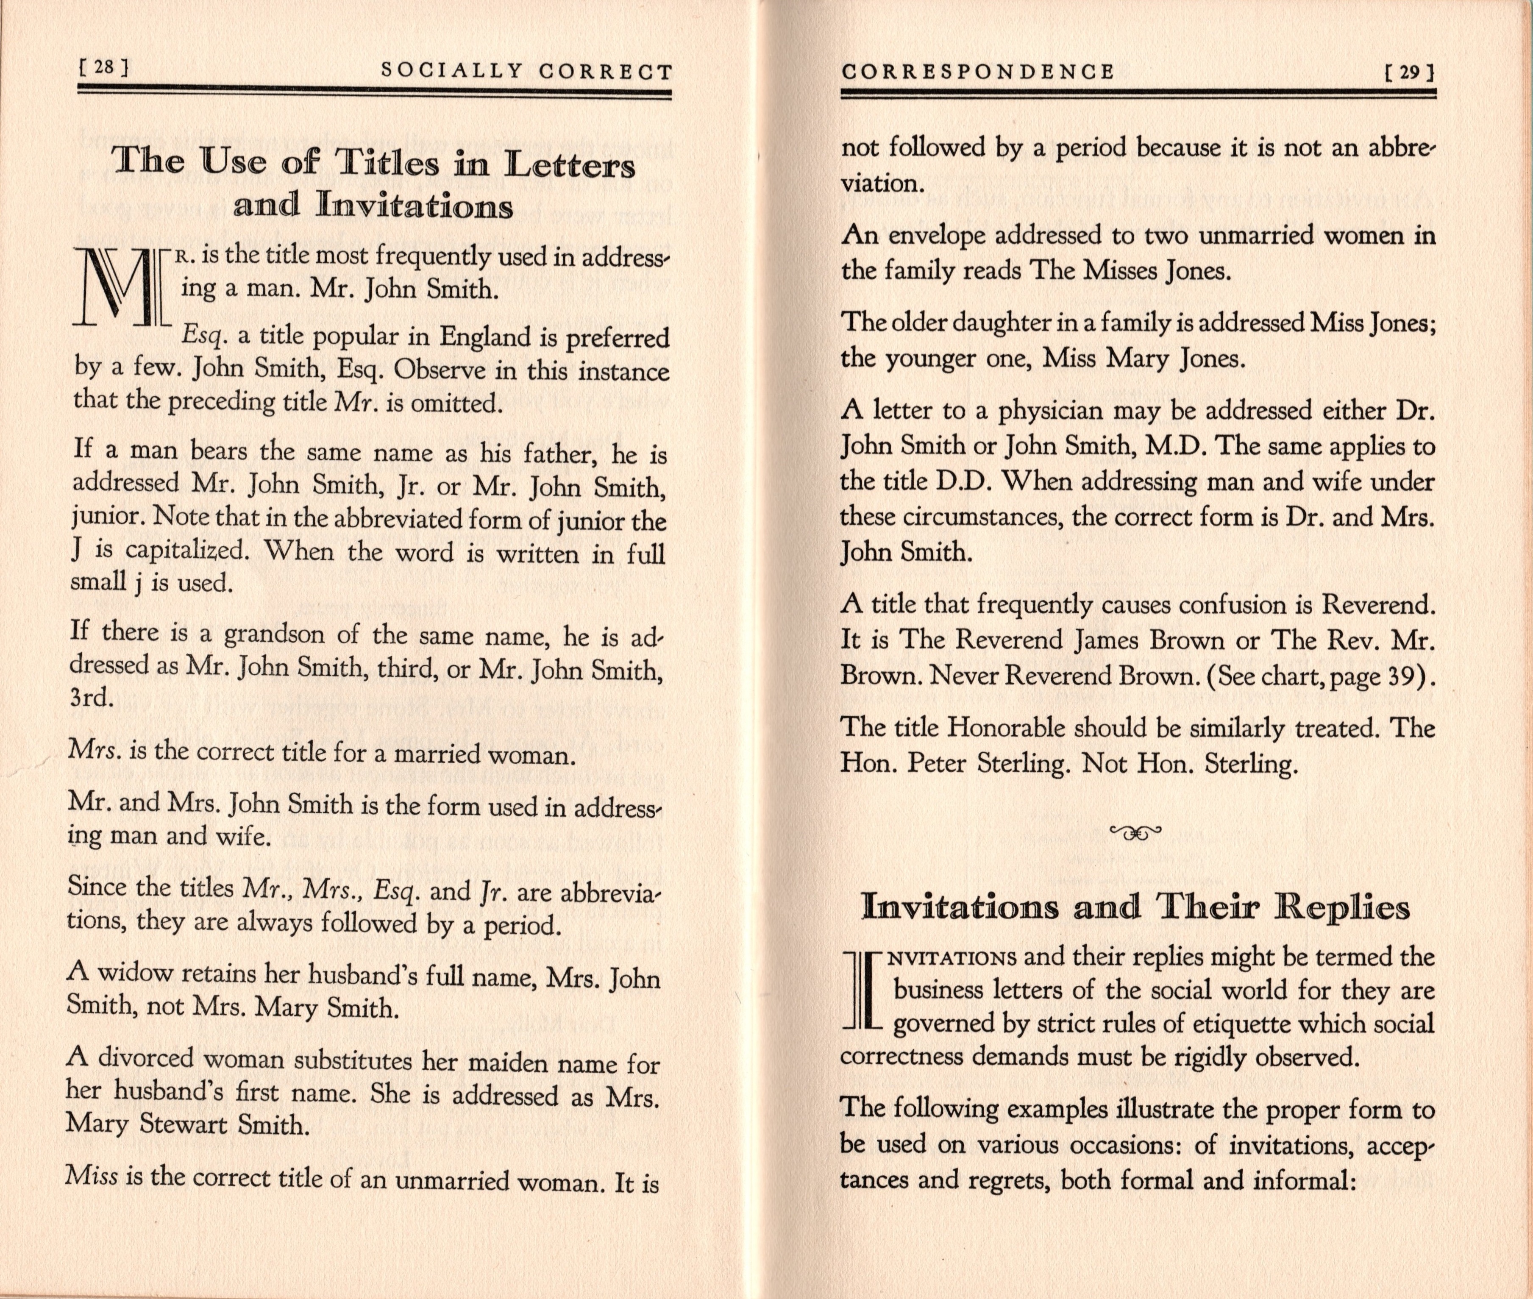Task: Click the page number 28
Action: (104, 68)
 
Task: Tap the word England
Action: (485, 337)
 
